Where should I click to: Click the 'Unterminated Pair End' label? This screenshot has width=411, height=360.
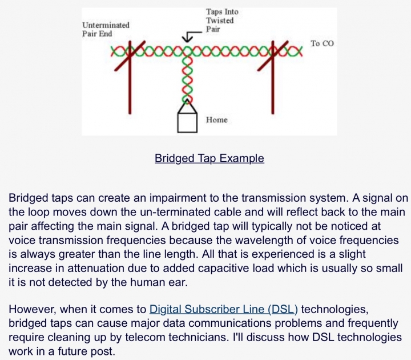106,29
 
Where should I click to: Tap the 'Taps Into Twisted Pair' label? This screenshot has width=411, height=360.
222,21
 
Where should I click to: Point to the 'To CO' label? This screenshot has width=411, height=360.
322,43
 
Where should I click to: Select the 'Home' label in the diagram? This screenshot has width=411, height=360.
217,120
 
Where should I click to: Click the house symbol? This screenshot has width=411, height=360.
187,122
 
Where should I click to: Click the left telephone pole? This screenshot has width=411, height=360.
130,78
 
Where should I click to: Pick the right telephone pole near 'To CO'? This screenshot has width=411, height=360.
273,78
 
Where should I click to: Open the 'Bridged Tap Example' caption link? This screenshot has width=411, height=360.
209,158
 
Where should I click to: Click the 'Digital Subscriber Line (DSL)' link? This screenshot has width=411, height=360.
224,309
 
